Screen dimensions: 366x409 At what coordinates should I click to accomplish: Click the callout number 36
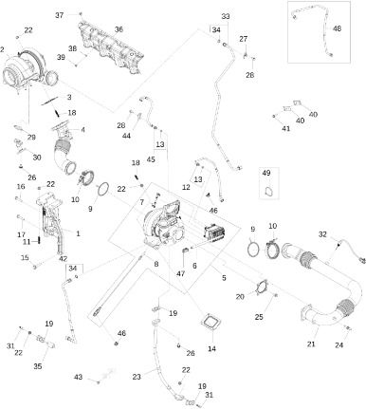point(119,29)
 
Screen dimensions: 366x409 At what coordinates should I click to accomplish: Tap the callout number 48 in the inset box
point(338,28)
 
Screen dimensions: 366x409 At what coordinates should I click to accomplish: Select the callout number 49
point(266,173)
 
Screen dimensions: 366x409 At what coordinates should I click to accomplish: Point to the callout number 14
point(211,348)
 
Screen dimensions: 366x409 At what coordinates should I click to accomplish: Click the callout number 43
point(78,377)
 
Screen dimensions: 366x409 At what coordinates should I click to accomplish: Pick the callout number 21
point(311,344)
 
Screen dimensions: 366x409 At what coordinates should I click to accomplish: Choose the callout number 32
point(322,234)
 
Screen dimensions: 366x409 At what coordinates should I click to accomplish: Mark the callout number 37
point(60,15)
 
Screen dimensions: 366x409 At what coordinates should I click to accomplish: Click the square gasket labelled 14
point(210,323)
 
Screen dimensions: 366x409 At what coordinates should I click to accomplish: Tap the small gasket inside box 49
point(269,192)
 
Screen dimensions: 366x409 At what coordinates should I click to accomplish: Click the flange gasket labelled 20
point(262,288)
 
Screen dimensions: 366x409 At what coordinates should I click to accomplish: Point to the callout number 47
point(180,273)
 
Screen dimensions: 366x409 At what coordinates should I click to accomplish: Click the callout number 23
point(137,377)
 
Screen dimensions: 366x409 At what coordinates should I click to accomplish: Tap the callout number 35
point(38,366)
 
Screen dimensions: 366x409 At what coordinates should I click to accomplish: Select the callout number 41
point(286,128)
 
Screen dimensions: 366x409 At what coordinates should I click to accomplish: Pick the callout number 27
point(243,39)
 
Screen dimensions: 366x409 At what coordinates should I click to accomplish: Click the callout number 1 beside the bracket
point(78,233)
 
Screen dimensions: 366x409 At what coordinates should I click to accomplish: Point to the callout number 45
point(151,159)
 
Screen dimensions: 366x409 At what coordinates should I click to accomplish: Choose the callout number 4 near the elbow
point(82,130)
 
